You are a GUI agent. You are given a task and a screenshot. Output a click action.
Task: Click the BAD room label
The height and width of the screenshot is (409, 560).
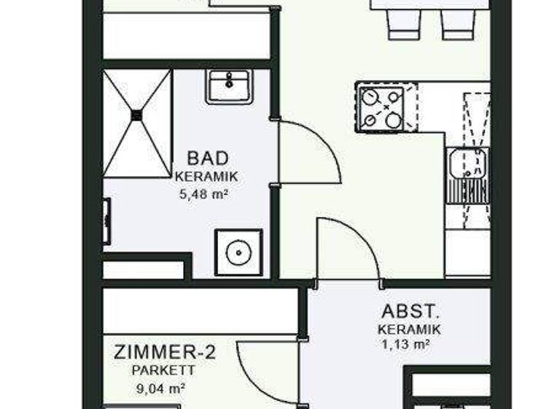[x=208, y=158]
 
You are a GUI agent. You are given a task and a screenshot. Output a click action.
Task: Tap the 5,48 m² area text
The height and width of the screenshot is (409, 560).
[x=205, y=194]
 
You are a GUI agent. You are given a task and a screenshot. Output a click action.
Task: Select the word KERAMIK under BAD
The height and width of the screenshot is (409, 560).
[x=206, y=177]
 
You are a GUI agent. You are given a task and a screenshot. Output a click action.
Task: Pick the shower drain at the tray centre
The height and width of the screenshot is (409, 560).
[x=137, y=114]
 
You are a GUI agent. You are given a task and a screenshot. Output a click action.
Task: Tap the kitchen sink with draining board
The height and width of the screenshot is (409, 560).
[x=467, y=175]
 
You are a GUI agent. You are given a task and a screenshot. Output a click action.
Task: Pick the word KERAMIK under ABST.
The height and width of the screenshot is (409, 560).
[x=409, y=330]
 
